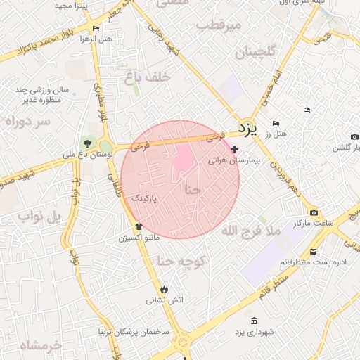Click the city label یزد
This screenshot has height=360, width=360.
pyautogui.click(x=248, y=127)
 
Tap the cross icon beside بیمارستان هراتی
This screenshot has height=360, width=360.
pyautogui.click(x=234, y=149)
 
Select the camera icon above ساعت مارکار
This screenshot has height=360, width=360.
pyautogui.click(x=313, y=212)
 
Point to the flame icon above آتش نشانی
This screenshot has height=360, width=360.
pyautogui.click(x=165, y=288)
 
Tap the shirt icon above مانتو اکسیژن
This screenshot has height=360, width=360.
pyautogui.click(x=138, y=226)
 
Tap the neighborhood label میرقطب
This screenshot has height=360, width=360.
pyautogui.click(x=219, y=25)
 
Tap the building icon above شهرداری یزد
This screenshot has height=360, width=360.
pyautogui.click(x=254, y=321)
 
